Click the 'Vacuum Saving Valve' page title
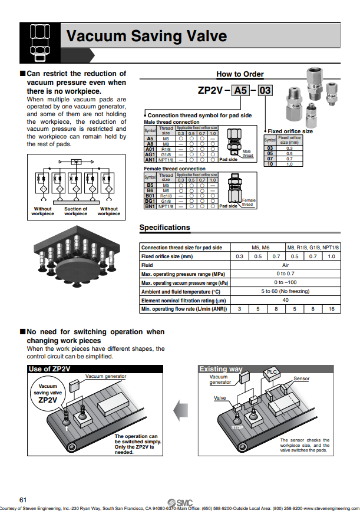(146, 37)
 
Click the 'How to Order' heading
(240, 74)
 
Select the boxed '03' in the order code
(265, 91)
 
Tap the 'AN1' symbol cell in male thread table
(150, 159)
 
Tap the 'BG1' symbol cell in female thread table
(150, 201)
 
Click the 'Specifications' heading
(164, 228)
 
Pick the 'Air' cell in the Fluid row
(286, 265)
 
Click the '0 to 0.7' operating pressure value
(286, 274)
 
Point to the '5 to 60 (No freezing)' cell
(286, 291)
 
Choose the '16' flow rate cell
(331, 309)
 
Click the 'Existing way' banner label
(221, 369)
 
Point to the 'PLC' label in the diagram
(272, 372)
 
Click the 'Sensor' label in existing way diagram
(301, 378)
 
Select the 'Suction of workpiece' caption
(76, 211)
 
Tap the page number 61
(23, 500)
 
